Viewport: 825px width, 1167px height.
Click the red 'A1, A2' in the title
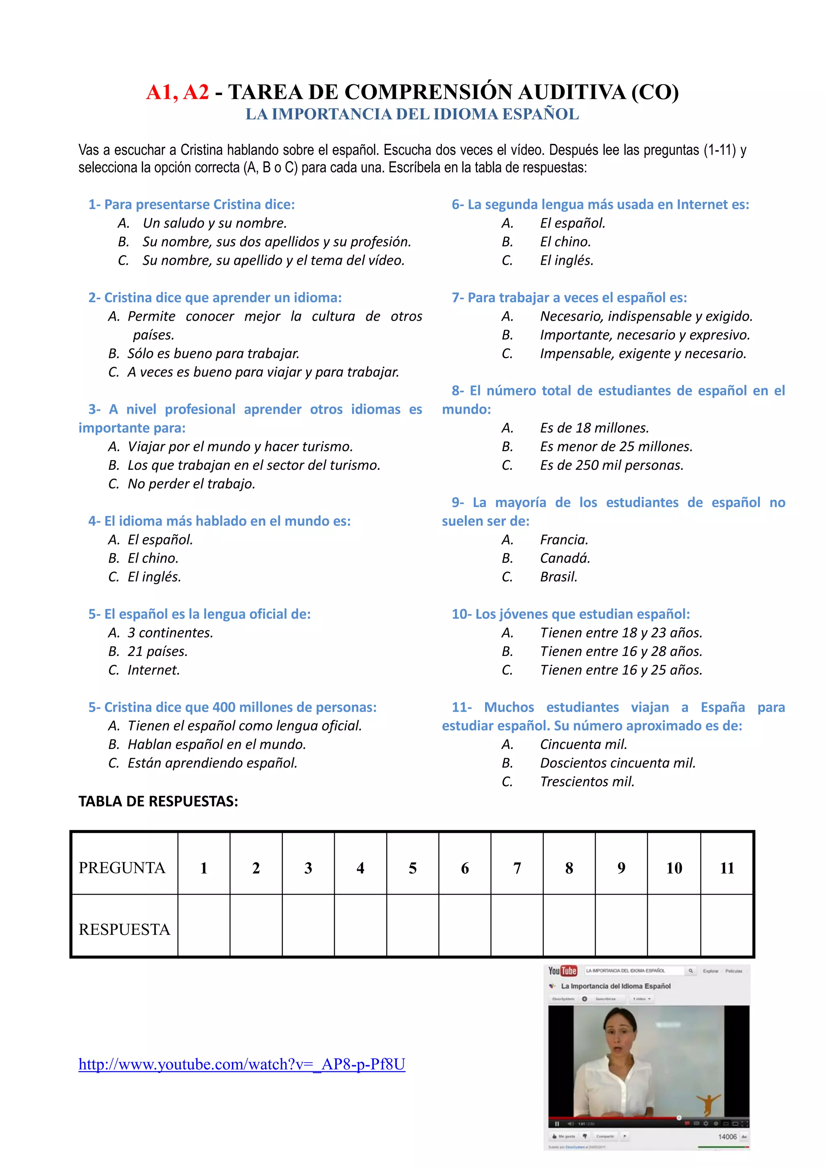(x=177, y=92)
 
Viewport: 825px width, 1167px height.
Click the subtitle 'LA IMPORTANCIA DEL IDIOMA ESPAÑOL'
(x=412, y=114)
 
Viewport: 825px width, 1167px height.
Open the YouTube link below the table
(x=242, y=1064)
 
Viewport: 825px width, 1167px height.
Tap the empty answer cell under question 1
(x=204, y=926)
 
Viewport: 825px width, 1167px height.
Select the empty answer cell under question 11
(x=726, y=926)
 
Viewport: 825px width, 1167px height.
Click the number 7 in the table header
(x=517, y=868)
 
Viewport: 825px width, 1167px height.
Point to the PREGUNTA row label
(x=122, y=868)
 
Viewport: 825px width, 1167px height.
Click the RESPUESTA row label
(x=124, y=930)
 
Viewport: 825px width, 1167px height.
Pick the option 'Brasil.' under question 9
(x=558, y=577)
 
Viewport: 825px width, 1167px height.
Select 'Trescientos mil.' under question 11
(x=587, y=782)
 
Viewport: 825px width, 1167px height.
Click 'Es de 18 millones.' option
(x=594, y=428)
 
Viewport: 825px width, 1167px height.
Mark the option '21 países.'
(x=158, y=652)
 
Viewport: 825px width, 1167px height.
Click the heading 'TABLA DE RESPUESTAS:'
(x=158, y=802)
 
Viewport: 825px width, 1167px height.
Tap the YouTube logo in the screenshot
(x=562, y=971)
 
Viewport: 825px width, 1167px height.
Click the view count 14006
(x=727, y=1136)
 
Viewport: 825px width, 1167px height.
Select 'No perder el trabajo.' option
(x=191, y=484)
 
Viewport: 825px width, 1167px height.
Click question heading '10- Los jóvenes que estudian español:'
(x=570, y=614)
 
